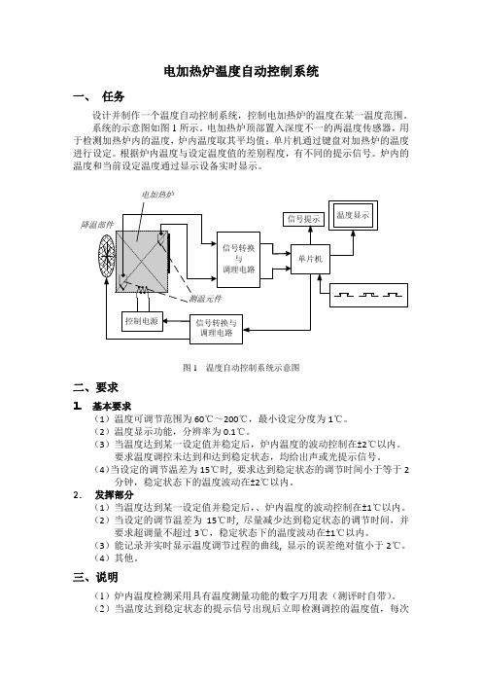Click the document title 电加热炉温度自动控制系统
[241, 71]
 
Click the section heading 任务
[113, 96]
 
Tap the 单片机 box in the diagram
[310, 259]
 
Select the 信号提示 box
[303, 219]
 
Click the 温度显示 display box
[353, 215]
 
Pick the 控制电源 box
[142, 321]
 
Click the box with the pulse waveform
[368, 295]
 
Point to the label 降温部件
[96, 225]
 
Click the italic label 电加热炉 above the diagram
[158, 195]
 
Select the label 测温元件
[205, 299]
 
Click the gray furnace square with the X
[142, 262]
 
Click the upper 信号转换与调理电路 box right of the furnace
[238, 260]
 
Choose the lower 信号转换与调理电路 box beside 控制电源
[216, 329]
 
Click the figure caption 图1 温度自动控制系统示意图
[241, 368]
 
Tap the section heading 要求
[107, 387]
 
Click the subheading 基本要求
[112, 407]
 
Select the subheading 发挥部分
[115, 495]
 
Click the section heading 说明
[107, 577]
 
